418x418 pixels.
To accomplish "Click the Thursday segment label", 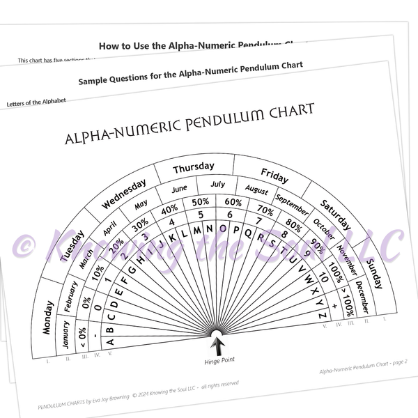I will pos(194,168).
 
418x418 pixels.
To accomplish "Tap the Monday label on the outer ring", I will pos(47,318).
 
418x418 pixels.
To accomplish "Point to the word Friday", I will pos(274,174).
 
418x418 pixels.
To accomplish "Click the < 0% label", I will pos(82,336).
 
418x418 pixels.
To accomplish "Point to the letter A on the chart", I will pos(109,341).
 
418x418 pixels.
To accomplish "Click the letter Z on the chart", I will pos(321,316).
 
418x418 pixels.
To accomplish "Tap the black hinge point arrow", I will pos(218,345).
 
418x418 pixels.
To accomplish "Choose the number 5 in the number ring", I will pos(201,215).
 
